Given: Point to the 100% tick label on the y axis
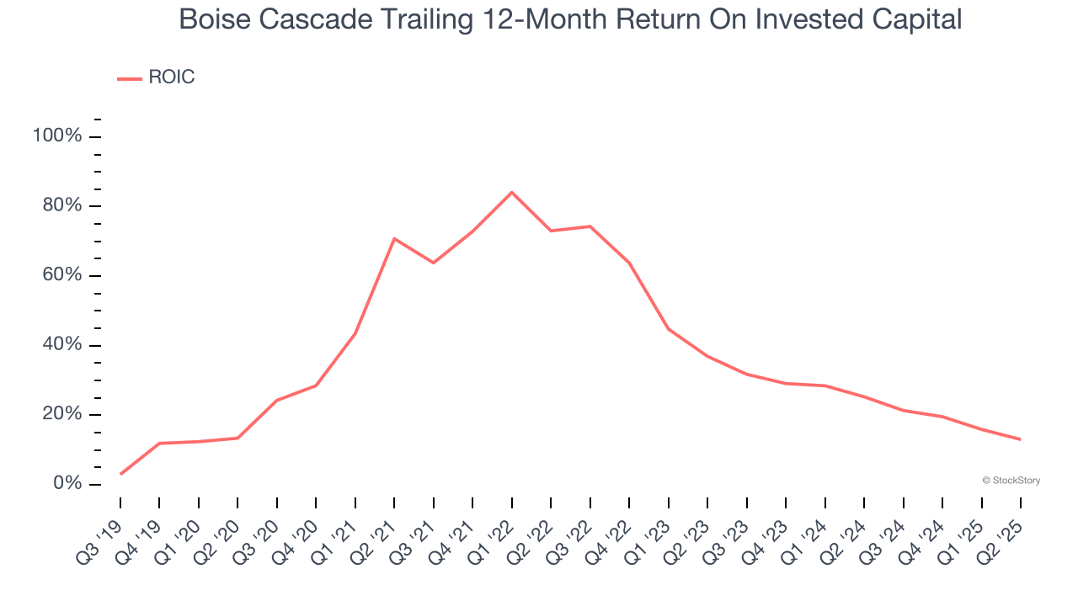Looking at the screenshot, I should (x=57, y=136).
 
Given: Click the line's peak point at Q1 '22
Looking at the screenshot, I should (x=511, y=192).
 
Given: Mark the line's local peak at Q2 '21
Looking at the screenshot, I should (x=394, y=238).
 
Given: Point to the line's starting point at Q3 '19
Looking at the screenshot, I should (x=120, y=474).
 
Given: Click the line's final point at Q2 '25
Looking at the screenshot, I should (x=1021, y=439).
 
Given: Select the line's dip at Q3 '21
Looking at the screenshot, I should (x=433, y=263).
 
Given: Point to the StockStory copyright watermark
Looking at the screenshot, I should (x=1011, y=481).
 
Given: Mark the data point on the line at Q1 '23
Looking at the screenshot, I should (x=668, y=328).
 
